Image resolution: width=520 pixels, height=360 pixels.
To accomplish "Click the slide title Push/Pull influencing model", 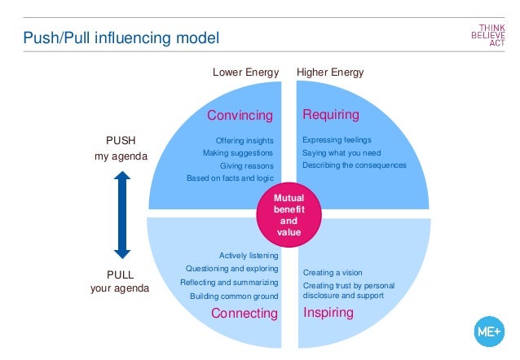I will pyautogui.click(x=120, y=37).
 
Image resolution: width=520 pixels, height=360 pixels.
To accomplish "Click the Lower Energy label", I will pyautogui.click(x=245, y=72).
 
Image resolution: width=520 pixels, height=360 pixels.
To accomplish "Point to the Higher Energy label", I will pyautogui.click(x=330, y=72).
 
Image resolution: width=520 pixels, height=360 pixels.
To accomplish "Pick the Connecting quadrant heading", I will pyautogui.click(x=245, y=314).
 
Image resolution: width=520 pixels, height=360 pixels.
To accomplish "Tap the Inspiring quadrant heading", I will pyautogui.click(x=328, y=313).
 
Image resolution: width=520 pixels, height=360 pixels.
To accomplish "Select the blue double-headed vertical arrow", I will pyautogui.click(x=121, y=215).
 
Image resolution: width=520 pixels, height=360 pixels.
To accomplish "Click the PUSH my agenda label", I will pyautogui.click(x=121, y=148).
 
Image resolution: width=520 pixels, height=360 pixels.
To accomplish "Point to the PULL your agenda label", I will pyautogui.click(x=120, y=281).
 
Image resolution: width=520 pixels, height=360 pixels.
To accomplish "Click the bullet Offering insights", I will pyautogui.click(x=245, y=140).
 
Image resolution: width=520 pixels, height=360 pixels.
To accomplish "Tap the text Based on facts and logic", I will pyautogui.click(x=230, y=178).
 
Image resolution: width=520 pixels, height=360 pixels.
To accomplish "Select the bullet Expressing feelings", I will pyautogui.click(x=337, y=140).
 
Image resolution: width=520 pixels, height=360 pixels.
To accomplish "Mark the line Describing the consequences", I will pyautogui.click(x=354, y=165).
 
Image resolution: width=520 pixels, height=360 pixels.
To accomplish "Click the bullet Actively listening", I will pyautogui.click(x=249, y=255).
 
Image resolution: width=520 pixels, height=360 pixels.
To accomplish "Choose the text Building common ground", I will pyautogui.click(x=234, y=296).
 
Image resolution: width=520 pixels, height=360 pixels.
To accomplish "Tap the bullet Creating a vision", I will pyautogui.click(x=333, y=272).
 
